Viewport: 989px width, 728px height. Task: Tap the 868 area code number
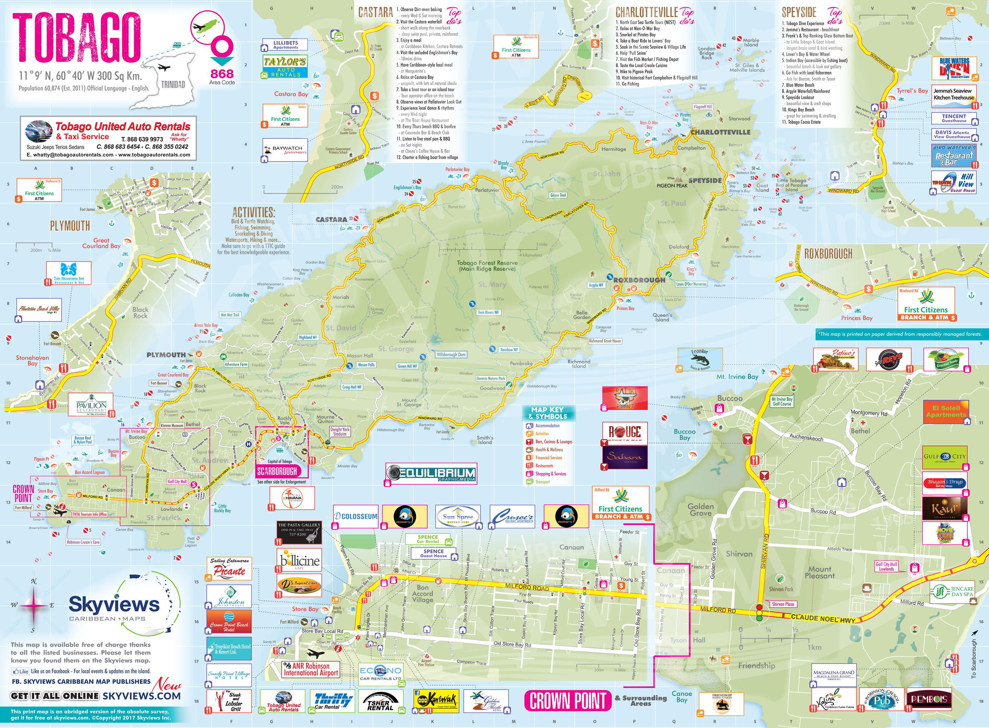point(222,74)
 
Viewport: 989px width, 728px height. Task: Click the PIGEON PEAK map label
point(672,186)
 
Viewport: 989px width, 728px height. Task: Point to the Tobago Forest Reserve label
point(487,266)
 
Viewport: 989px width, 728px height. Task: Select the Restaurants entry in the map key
point(544,466)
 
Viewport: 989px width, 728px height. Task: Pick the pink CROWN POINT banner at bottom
point(568,701)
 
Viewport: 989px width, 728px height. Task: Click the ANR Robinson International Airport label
point(311,669)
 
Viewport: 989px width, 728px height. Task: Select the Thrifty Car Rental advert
point(333,701)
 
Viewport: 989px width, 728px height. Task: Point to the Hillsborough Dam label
point(451,355)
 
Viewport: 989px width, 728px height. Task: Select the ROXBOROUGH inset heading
point(828,254)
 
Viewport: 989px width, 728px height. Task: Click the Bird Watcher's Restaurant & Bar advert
point(954,156)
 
